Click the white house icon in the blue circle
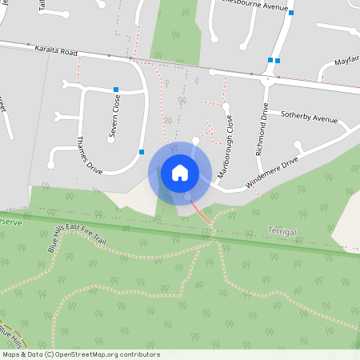[x=180, y=173]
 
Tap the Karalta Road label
[x=55, y=50]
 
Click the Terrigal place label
[x=286, y=231]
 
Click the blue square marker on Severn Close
[x=116, y=90]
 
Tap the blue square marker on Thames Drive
[x=142, y=152]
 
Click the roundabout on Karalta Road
[x=266, y=78]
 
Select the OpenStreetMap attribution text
[x=81, y=354]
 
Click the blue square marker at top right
[x=291, y=13]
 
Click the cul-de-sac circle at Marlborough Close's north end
[x=226, y=106]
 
